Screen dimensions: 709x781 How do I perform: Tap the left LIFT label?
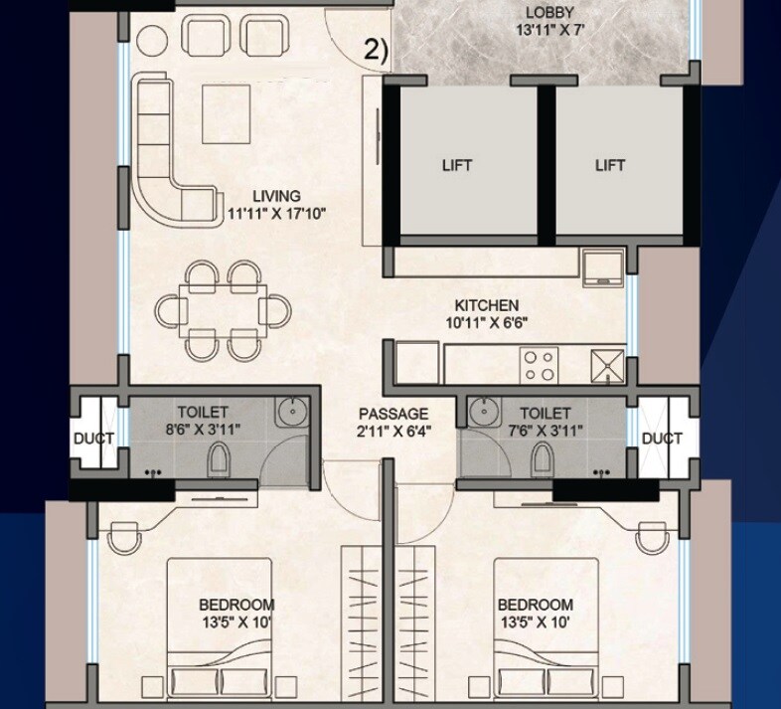[x=457, y=165]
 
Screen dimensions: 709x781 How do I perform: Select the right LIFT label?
[x=610, y=165]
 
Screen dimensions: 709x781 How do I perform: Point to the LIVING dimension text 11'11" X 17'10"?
[x=276, y=214]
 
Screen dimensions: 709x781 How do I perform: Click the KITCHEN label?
[x=487, y=305]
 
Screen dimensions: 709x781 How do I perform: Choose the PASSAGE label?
[x=393, y=414]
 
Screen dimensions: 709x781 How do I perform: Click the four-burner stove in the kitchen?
[x=541, y=364]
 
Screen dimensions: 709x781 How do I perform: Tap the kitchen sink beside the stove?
[x=607, y=365]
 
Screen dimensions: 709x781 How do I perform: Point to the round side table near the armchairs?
[x=152, y=38]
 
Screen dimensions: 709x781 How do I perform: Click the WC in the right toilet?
[x=542, y=458]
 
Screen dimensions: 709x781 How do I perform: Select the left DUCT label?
[x=93, y=439]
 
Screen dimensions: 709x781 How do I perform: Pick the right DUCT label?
[x=662, y=439]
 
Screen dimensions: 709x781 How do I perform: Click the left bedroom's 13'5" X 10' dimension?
[x=236, y=622]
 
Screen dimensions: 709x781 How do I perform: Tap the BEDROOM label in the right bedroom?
[x=536, y=605]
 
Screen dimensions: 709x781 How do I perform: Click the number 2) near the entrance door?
[x=376, y=51]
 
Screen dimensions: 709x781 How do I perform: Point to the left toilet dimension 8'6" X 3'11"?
[x=203, y=430]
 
